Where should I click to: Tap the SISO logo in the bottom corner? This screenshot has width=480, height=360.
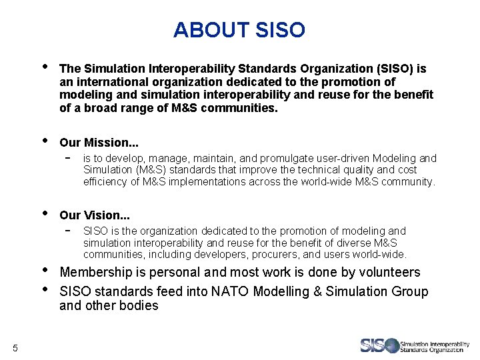pyautogui.click(x=414, y=345)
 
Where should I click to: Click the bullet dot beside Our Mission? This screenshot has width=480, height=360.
pyautogui.click(x=44, y=141)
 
